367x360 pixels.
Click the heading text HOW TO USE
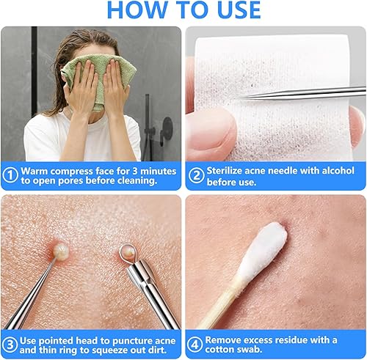(x=183, y=10)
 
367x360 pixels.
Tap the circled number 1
(x=10, y=175)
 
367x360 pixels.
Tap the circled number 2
(x=196, y=175)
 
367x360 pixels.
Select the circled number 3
(x=10, y=343)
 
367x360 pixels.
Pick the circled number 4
(x=195, y=343)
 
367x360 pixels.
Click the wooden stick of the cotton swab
(x=221, y=308)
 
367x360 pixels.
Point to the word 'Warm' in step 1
(x=35, y=170)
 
